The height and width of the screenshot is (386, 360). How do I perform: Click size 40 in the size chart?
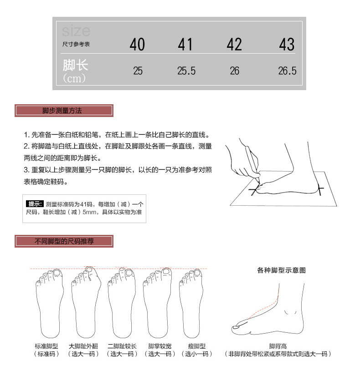tap(137, 45)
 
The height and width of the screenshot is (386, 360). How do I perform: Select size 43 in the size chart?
tap(287, 45)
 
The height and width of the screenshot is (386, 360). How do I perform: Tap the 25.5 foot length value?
tap(186, 71)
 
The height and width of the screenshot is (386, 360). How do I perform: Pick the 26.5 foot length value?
tap(287, 71)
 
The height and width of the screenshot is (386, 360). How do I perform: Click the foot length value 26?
tap(234, 71)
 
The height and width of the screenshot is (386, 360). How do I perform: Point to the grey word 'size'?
tap(76, 31)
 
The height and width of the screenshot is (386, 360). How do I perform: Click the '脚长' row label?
tap(75, 65)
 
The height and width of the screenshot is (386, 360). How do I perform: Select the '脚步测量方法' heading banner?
tap(64, 111)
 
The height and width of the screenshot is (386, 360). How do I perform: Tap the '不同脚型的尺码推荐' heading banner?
tap(64, 241)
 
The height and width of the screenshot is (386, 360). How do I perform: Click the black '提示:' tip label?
tap(35, 203)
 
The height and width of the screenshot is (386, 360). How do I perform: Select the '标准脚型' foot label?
tap(46, 346)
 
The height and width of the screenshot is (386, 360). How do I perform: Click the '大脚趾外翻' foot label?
tap(84, 346)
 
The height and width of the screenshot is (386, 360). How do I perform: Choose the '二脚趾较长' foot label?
tap(122, 346)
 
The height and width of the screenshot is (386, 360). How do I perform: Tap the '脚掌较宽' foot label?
tap(159, 346)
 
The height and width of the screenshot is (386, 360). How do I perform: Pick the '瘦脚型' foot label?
tap(196, 346)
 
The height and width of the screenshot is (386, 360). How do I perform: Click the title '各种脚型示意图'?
tap(281, 270)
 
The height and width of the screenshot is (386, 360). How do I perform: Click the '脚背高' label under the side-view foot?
tap(278, 346)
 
